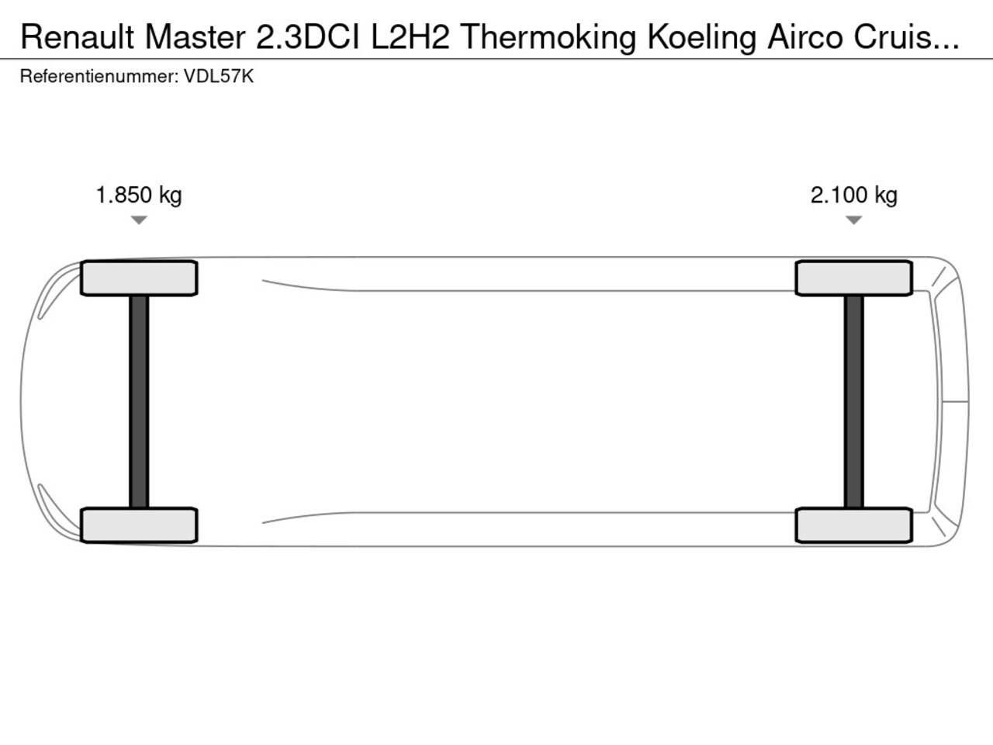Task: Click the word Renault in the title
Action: [78, 37]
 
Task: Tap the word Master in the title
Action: [195, 37]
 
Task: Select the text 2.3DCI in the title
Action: [308, 37]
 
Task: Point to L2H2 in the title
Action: [410, 37]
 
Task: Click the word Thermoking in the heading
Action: [548, 39]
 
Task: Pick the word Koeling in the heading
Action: [702, 39]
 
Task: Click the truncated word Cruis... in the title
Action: [906, 37]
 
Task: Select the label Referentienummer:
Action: [99, 77]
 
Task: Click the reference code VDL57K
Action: [219, 77]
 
